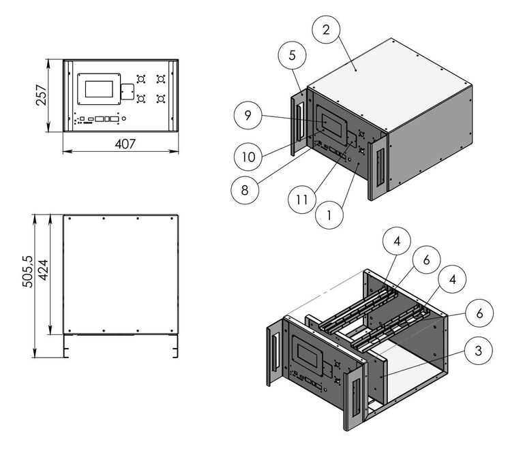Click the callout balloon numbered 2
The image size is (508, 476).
pos(327,29)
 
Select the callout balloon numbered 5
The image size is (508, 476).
pos(292,56)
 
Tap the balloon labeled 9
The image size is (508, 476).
pos(249,114)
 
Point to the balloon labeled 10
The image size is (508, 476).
pos(249,155)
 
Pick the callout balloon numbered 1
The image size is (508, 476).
pos(329,217)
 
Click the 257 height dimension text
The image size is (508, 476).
pos(42,96)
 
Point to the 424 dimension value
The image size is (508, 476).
pos(43,275)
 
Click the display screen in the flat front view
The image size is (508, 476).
pos(100,88)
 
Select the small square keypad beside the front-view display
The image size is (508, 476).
pos(127,91)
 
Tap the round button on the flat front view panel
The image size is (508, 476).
pos(123,120)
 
